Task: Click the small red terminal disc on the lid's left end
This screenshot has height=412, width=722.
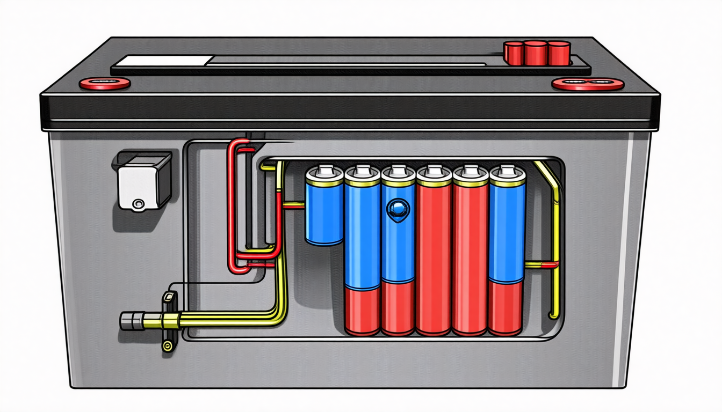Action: pos(105,83)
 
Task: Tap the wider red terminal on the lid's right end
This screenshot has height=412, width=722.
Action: pos(588,84)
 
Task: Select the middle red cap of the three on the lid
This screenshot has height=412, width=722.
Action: pos(535,53)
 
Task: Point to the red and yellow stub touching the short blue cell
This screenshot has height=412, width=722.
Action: pos(293,204)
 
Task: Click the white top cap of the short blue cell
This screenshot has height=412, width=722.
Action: pos(324,172)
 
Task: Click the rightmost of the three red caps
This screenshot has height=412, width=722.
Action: pos(559,52)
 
